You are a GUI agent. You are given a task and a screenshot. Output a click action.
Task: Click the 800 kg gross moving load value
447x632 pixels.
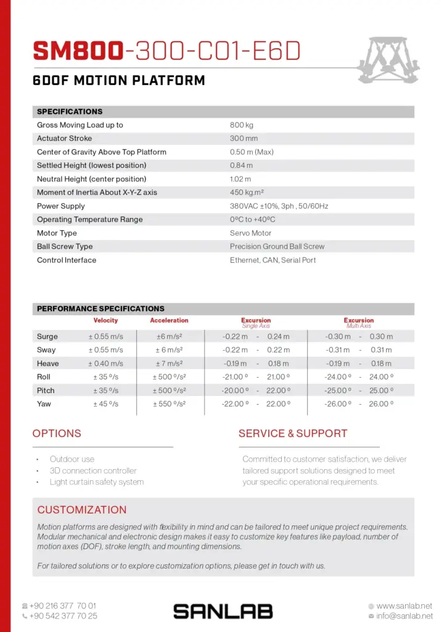click(x=242, y=125)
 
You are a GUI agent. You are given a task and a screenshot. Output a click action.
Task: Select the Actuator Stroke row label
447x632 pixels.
click(x=64, y=139)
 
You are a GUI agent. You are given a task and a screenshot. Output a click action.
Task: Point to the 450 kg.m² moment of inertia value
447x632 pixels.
click(x=247, y=193)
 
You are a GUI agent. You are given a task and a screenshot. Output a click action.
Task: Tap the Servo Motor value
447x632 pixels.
click(x=250, y=233)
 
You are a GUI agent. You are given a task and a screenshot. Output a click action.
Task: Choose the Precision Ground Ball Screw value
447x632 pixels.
click(x=277, y=247)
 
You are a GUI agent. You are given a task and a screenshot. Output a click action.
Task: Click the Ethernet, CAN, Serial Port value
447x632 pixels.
click(x=273, y=260)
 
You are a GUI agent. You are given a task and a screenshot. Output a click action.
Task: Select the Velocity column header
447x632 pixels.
click(x=105, y=321)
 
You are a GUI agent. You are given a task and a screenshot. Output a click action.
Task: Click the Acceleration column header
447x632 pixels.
click(x=169, y=321)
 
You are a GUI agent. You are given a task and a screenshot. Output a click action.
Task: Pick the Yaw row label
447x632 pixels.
click(x=44, y=404)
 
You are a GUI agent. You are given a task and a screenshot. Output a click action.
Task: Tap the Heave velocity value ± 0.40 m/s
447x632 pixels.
click(x=105, y=364)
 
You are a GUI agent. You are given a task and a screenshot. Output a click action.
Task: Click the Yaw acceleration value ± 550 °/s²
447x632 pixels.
click(x=169, y=404)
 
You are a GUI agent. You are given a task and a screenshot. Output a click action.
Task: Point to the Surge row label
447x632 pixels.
click(x=47, y=337)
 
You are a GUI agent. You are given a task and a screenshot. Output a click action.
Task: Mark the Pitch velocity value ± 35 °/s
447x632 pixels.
click(x=105, y=391)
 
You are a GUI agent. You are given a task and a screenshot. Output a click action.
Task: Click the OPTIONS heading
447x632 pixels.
click(x=57, y=434)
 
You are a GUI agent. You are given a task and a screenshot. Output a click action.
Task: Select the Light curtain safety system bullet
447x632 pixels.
click(x=97, y=482)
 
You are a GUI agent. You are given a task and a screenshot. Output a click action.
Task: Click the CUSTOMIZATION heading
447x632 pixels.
click(x=82, y=510)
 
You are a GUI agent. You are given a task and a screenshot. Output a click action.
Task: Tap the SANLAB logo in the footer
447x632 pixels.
click(x=223, y=612)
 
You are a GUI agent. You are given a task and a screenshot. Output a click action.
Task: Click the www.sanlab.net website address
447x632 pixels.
click(x=404, y=606)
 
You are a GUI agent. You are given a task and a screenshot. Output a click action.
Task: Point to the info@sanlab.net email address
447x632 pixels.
click(x=404, y=616)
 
